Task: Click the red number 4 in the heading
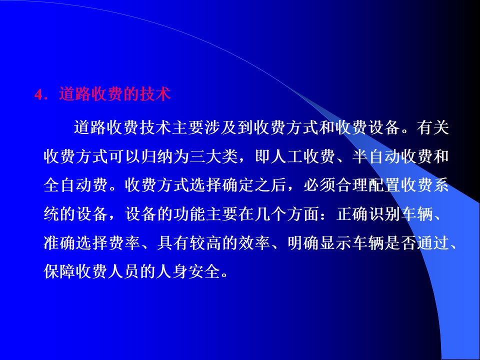coord(38,95)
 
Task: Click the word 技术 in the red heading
coord(155,94)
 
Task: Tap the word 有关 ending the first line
coord(432,127)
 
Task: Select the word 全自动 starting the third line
coord(68,185)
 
